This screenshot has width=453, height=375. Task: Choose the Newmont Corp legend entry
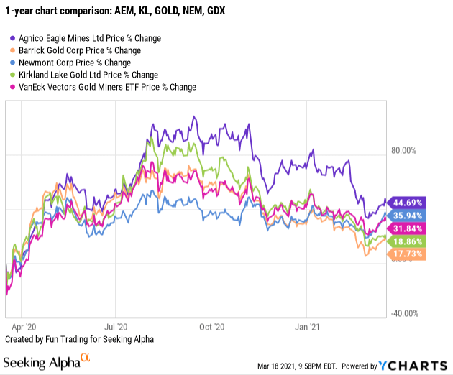(x=72, y=62)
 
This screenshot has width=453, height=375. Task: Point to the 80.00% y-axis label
(x=403, y=151)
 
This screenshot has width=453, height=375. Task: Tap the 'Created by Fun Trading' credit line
(x=79, y=338)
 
